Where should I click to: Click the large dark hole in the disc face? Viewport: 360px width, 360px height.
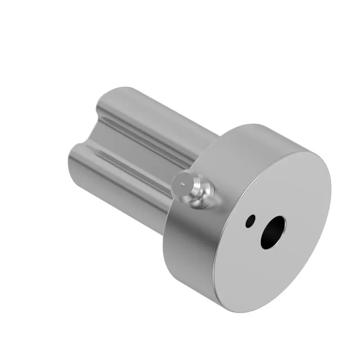pos(273,232)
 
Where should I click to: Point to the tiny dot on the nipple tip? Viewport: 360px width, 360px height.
pos(182,184)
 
